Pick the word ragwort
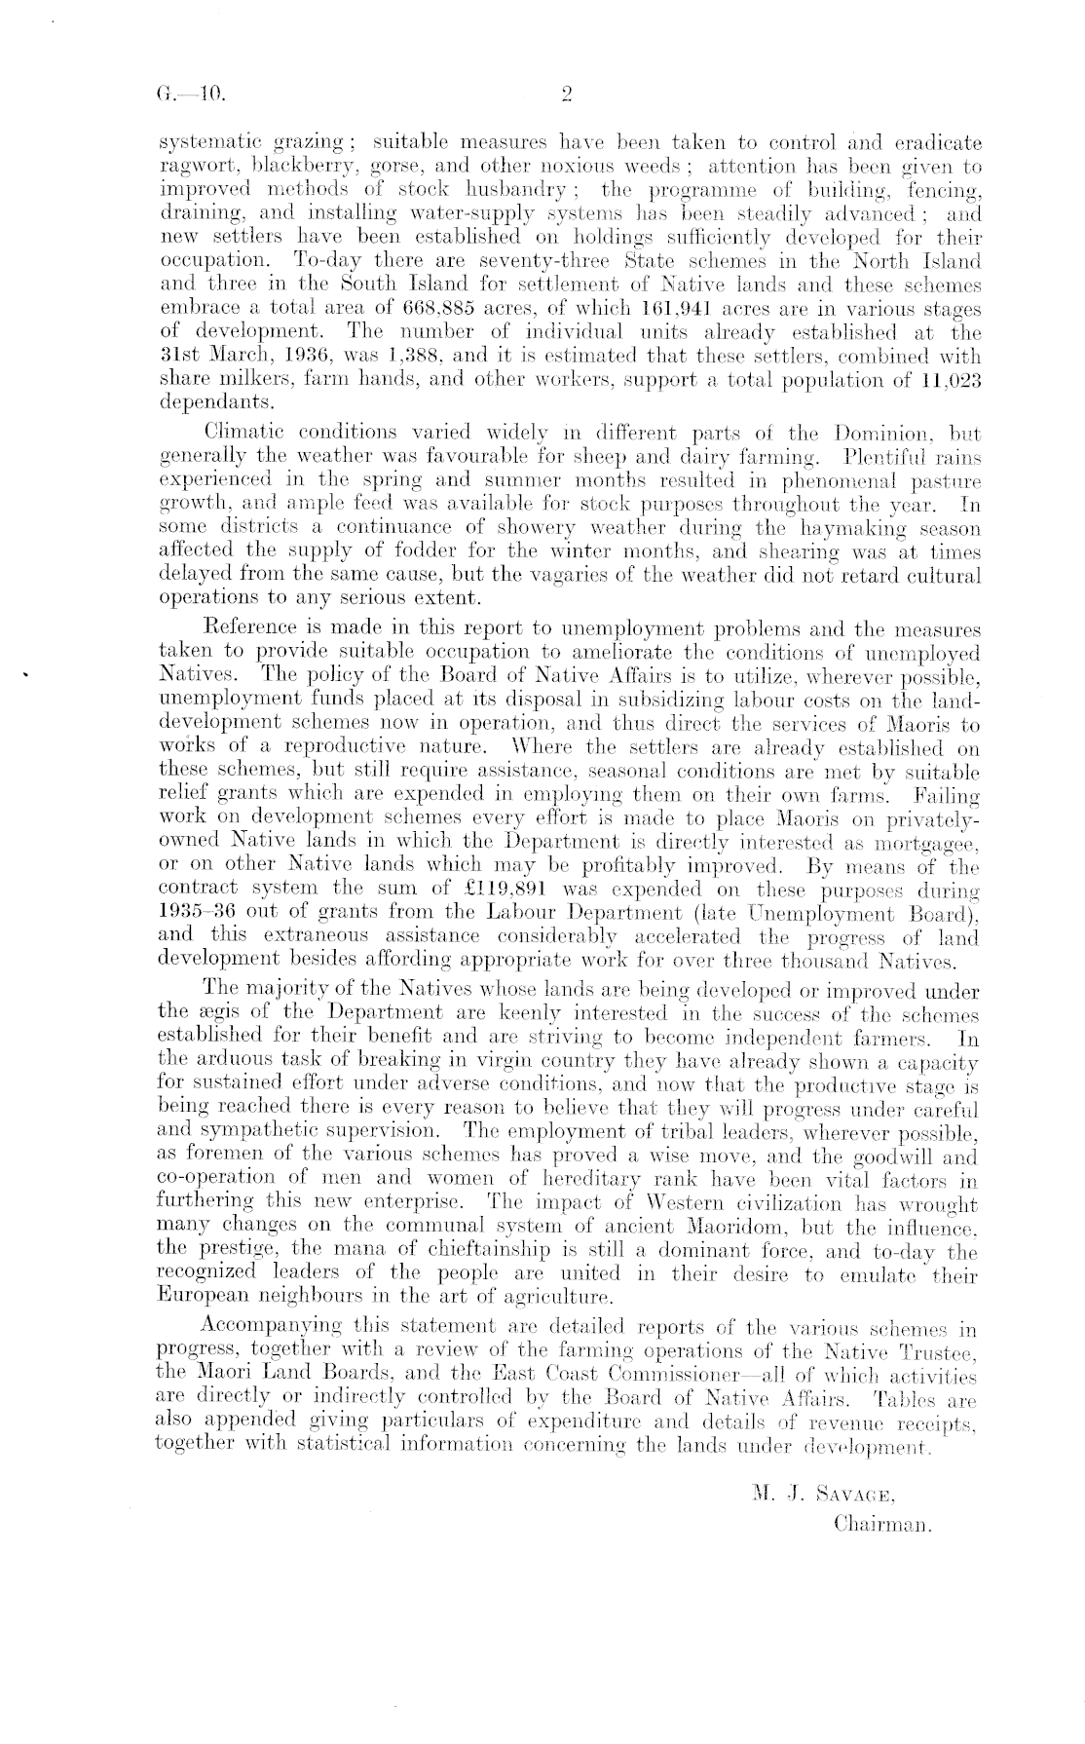(x=188, y=168)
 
